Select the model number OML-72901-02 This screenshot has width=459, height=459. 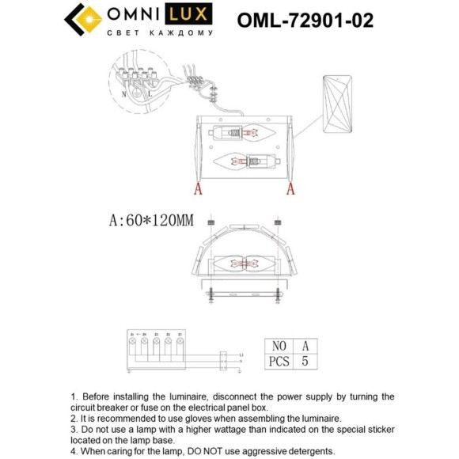pos(305,19)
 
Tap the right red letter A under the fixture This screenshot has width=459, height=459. pos(290,188)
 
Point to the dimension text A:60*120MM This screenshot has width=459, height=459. pos(150,221)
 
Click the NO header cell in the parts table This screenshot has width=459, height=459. pos(279,345)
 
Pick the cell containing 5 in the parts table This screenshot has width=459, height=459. pos(305,361)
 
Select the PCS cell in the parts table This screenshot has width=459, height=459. pos(279,361)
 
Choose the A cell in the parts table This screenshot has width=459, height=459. pos(305,345)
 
